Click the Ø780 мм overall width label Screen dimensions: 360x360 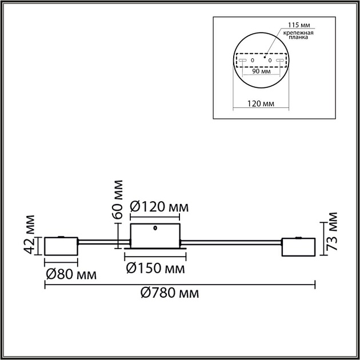[170, 293]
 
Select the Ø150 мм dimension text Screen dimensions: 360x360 [155, 268]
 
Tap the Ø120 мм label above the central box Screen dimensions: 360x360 [159, 206]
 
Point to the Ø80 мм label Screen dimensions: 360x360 [70, 274]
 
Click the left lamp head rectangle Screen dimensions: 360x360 [61, 247]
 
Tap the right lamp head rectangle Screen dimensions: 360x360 [298, 247]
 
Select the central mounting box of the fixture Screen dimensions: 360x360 [155, 236]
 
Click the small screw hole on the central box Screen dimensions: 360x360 [155, 230]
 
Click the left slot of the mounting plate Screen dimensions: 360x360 [243, 60]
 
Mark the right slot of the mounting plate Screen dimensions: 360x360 [279, 60]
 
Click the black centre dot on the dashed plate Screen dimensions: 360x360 [264, 57]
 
